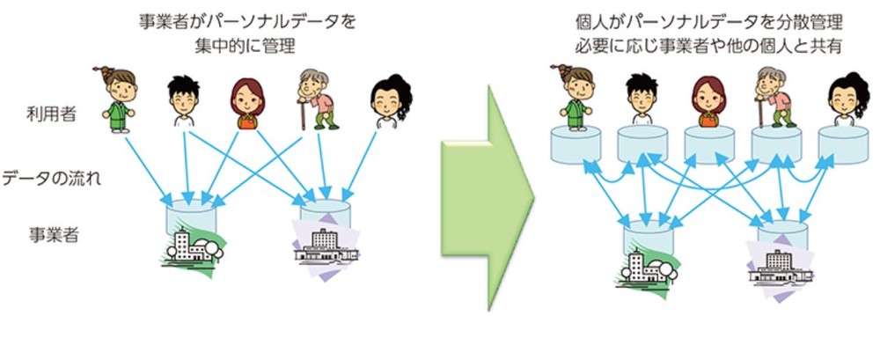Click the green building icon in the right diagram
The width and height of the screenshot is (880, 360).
tap(646, 265)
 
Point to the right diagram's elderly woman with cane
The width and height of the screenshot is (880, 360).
tap(772, 96)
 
